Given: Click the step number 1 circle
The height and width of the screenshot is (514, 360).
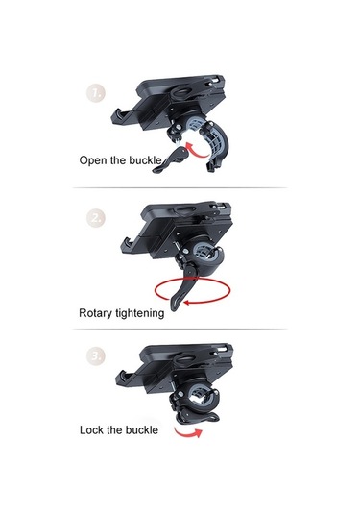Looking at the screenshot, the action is [x=96, y=94].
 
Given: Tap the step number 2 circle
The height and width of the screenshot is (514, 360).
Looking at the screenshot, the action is [x=96, y=218].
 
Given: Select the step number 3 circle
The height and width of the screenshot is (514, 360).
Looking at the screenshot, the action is [x=96, y=355].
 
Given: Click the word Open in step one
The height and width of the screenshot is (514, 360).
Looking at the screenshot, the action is [x=93, y=160].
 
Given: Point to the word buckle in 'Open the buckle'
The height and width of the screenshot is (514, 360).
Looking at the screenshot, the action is [x=145, y=160].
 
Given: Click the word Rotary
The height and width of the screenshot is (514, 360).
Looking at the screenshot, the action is [x=95, y=313].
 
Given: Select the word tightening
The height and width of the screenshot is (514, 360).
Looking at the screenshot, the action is [x=140, y=313].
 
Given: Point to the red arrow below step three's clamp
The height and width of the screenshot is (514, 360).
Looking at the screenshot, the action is [x=188, y=433].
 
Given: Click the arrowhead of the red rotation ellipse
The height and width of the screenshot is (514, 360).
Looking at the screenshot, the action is [x=186, y=303].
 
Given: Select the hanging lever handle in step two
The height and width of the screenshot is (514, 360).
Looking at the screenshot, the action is [x=180, y=288].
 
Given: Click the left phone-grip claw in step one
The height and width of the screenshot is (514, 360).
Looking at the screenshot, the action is [x=120, y=117].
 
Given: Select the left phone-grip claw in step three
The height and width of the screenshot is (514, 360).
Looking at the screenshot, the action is [x=125, y=379].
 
